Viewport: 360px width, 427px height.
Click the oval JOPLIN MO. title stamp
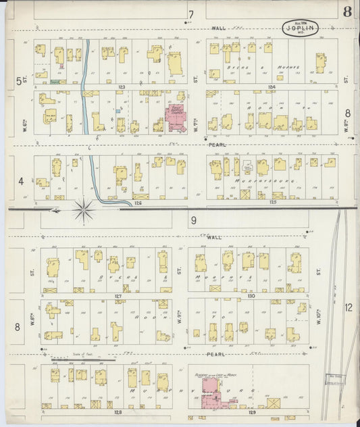(x=300, y=28)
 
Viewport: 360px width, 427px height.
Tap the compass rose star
(x=84, y=210)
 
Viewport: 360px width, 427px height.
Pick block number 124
(x=272, y=87)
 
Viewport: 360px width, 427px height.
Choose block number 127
(x=118, y=296)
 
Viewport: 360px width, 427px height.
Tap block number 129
(x=251, y=411)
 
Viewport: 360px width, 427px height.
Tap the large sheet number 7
(x=191, y=14)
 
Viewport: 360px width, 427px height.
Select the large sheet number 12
(x=348, y=307)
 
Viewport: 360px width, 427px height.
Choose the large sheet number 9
(x=192, y=220)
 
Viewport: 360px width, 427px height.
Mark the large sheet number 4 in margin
(x=21, y=180)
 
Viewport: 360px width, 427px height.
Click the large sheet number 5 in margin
(x=20, y=81)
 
